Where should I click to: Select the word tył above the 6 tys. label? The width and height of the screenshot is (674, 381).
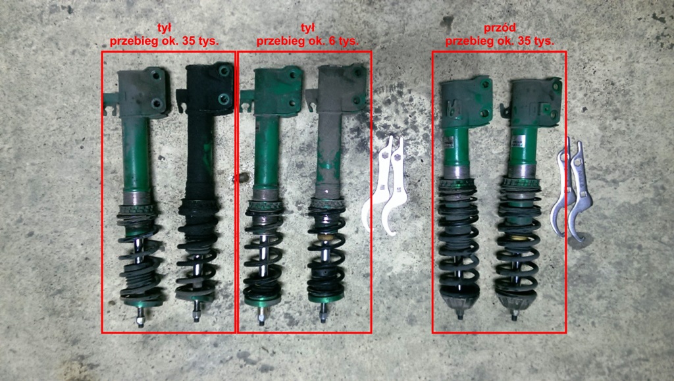(x=307, y=28)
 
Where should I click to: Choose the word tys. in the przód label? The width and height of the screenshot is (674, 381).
(x=543, y=41)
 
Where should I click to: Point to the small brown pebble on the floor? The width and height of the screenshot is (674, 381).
(x=244, y=176)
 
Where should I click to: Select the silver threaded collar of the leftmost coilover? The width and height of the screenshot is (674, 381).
(x=137, y=199)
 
